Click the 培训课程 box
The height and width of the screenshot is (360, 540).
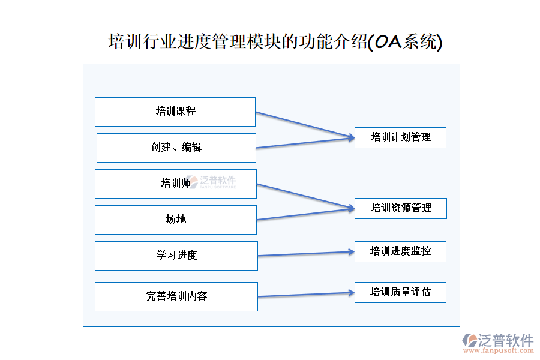(175, 112)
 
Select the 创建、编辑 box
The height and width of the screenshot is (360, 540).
(176, 148)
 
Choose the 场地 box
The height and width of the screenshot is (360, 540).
(176, 220)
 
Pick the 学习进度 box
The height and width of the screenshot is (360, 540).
(176, 256)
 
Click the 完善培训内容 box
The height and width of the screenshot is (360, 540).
(176, 296)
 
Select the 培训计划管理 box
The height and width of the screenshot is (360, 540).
(400, 137)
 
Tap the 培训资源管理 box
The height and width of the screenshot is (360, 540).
(400, 208)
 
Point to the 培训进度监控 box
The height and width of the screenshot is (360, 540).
(400, 251)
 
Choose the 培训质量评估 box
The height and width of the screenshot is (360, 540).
(400, 293)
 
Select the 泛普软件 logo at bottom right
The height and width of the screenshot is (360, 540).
(498, 340)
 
